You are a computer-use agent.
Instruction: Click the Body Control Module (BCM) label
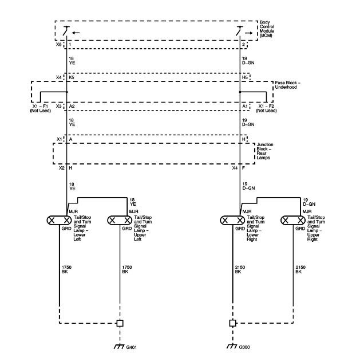point(267,29)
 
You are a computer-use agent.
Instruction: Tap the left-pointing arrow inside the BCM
point(76,33)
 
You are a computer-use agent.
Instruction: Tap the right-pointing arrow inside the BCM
point(248,33)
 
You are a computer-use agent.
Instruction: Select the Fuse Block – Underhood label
point(287,85)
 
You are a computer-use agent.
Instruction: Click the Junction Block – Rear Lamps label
point(265,151)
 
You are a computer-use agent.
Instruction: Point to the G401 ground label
point(131,347)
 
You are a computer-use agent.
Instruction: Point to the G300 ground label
point(244,347)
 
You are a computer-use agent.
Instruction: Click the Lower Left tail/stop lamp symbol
point(60,221)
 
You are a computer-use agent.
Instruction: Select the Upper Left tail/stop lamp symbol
point(120,221)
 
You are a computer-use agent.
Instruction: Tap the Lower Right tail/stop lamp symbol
point(232,221)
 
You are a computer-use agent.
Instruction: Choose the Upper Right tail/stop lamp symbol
point(293,221)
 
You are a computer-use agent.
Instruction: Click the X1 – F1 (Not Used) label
point(41,108)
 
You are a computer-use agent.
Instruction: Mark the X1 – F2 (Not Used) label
point(267,108)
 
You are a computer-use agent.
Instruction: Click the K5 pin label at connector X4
point(72,77)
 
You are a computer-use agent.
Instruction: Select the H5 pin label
point(245,77)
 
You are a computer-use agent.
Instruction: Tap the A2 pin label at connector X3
point(72,106)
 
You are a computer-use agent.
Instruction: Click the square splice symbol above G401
point(120,323)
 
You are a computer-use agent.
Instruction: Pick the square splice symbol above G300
point(232,323)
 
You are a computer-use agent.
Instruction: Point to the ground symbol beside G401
point(119,347)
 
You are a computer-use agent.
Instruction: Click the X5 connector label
point(59,44)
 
